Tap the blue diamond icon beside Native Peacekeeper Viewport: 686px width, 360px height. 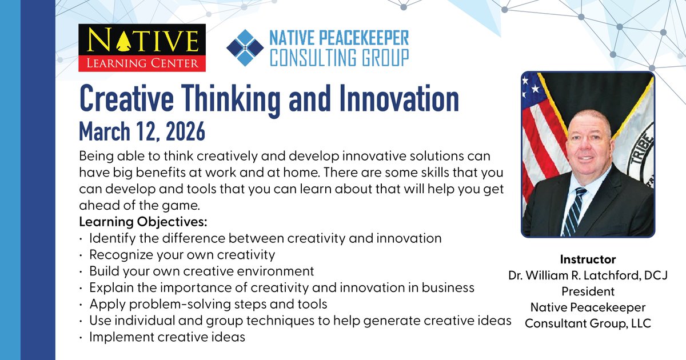(245, 48)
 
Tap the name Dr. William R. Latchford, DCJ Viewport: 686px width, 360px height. (588, 275)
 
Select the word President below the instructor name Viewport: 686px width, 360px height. (588, 291)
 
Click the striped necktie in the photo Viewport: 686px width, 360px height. (572, 212)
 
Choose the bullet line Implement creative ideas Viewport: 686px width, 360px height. (167, 337)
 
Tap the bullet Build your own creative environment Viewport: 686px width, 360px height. (202, 270)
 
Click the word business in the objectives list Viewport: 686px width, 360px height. (452, 287)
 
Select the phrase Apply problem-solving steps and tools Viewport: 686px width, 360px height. (208, 304)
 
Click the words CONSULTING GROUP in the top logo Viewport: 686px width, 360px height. (340, 58)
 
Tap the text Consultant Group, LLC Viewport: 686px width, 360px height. (588, 323)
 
